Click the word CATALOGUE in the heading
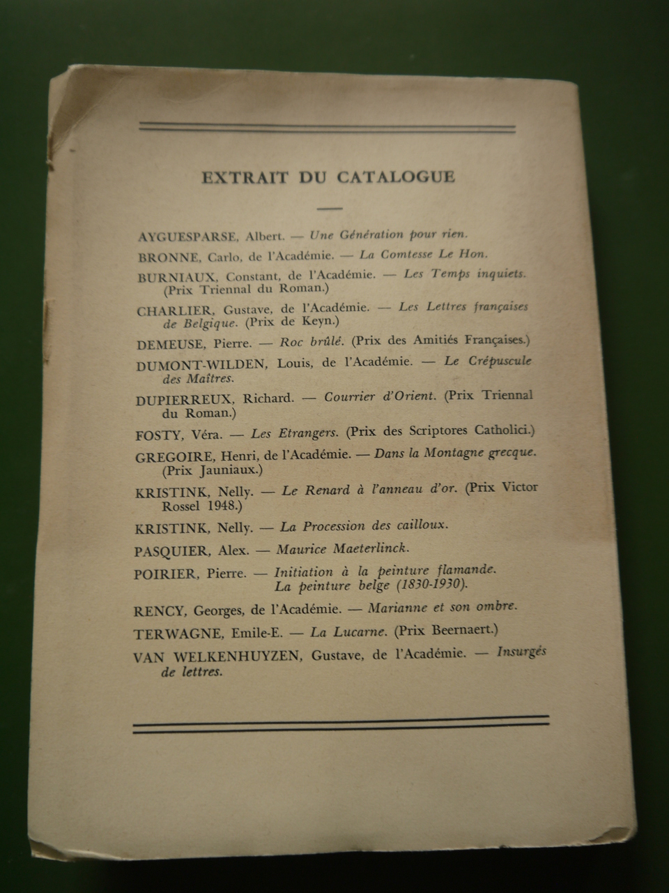(396, 177)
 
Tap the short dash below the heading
(329, 207)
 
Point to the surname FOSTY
(159, 435)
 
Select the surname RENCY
(160, 611)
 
